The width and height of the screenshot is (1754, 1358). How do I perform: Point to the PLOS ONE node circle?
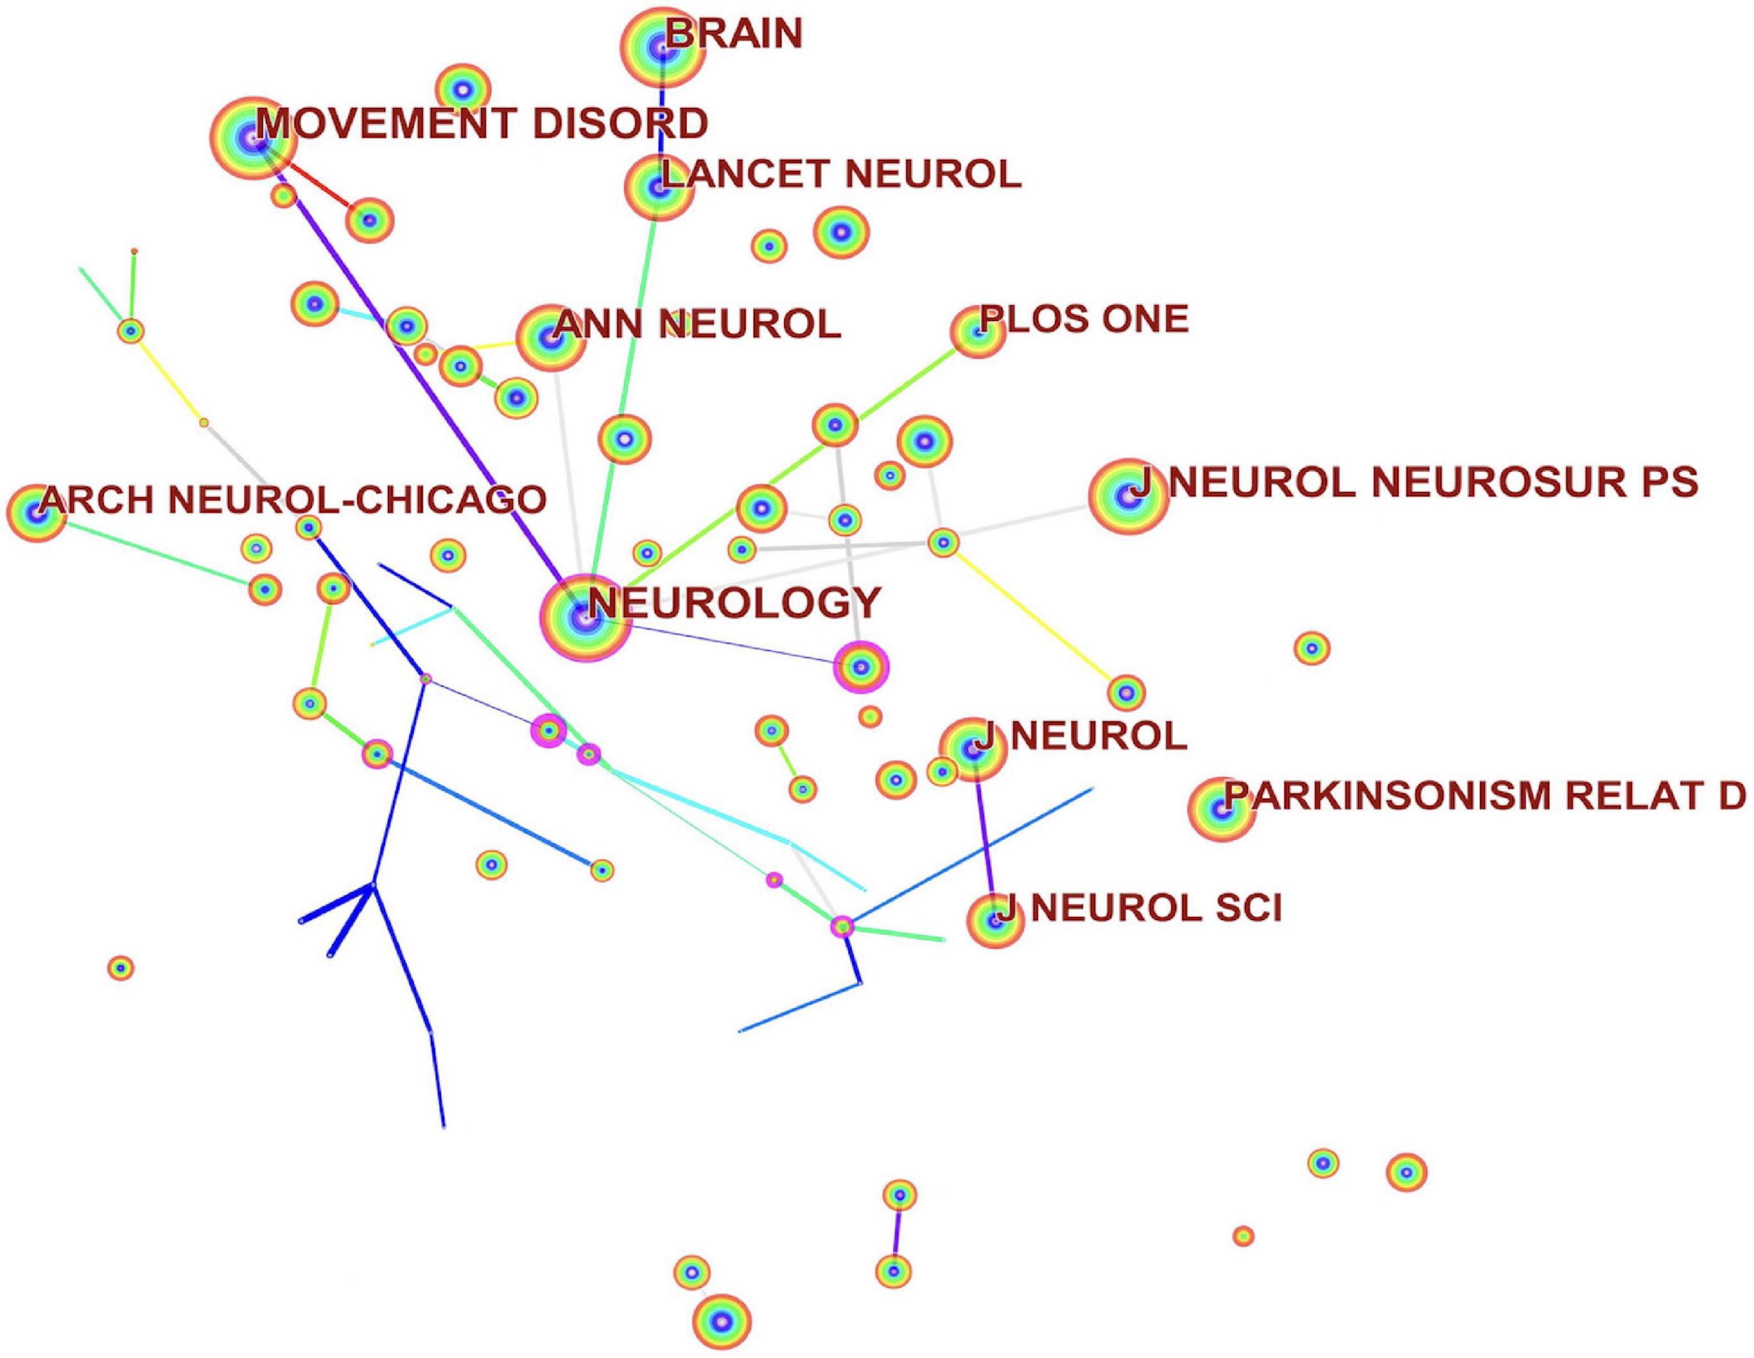point(977,332)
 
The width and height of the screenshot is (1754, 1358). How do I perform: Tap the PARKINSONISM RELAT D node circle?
point(1221,810)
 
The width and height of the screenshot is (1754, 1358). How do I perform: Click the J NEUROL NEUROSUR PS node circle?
point(1128,497)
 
